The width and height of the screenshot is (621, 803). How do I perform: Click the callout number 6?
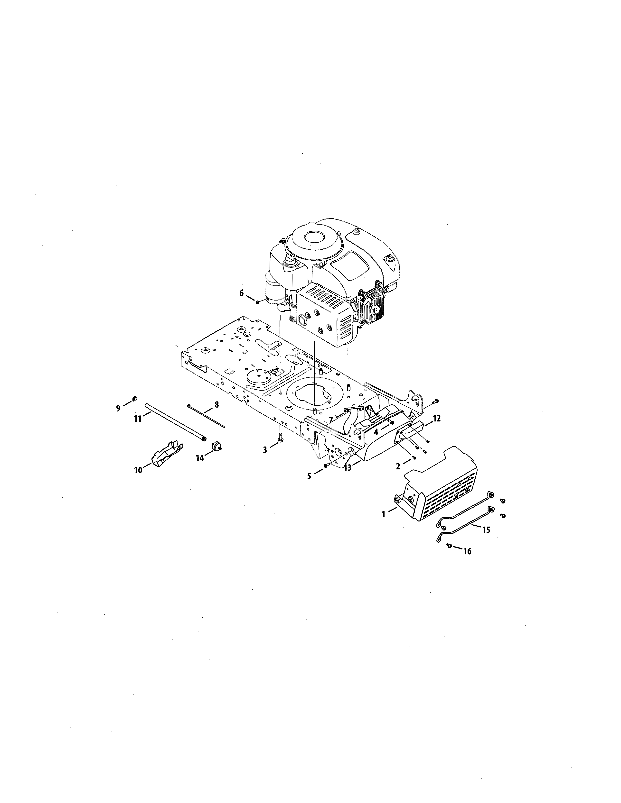(241, 293)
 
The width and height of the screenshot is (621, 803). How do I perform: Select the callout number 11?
(138, 419)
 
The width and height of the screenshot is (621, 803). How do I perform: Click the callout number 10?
(138, 470)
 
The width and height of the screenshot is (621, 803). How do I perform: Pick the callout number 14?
(199, 458)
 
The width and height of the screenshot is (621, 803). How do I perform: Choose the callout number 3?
(265, 449)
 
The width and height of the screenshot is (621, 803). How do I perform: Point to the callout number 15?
(486, 530)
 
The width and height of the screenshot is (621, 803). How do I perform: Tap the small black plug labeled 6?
(257, 302)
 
